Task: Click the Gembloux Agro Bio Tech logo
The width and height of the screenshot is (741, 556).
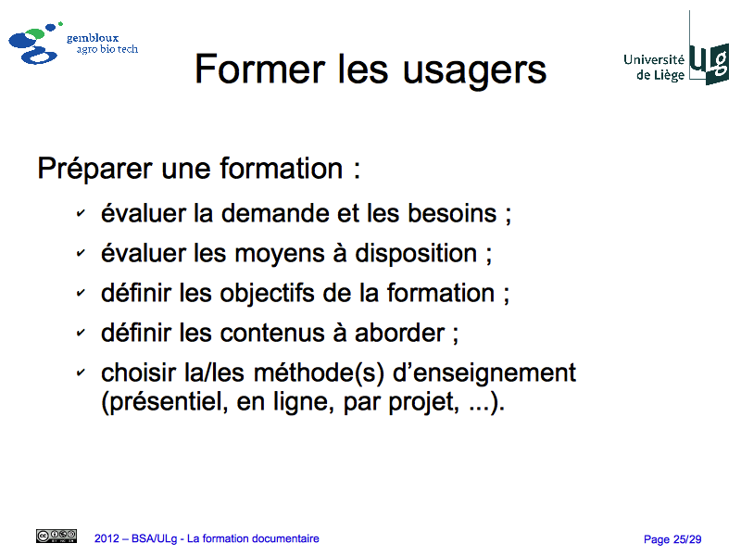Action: pyautogui.click(x=73, y=43)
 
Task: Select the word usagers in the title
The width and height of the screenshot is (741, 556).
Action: pyautogui.click(x=474, y=72)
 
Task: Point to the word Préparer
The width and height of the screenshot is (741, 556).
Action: pyautogui.click(x=95, y=170)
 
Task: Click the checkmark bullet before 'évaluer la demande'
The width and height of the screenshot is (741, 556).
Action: pyautogui.click(x=81, y=213)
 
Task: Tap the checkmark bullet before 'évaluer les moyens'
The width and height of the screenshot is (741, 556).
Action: pyautogui.click(x=81, y=253)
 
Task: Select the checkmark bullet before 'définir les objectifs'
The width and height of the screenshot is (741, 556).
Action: pyautogui.click(x=81, y=293)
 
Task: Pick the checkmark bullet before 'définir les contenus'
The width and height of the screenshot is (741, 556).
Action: pyautogui.click(x=81, y=333)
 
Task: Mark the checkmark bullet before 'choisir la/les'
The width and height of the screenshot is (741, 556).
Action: pyautogui.click(x=81, y=373)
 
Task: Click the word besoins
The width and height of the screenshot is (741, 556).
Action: pyautogui.click(x=452, y=213)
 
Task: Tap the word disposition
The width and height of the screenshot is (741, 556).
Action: pyautogui.click(x=416, y=253)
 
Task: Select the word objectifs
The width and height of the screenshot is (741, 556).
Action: pyautogui.click(x=267, y=294)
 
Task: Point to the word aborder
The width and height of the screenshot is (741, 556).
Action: pyautogui.click(x=400, y=333)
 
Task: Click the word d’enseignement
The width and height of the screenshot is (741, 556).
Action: pyautogui.click(x=484, y=374)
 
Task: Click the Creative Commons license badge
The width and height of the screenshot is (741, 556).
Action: pyautogui.click(x=57, y=536)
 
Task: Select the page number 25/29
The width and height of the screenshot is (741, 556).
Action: pyautogui.click(x=687, y=539)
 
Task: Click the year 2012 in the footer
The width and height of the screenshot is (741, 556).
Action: pyautogui.click(x=107, y=538)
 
